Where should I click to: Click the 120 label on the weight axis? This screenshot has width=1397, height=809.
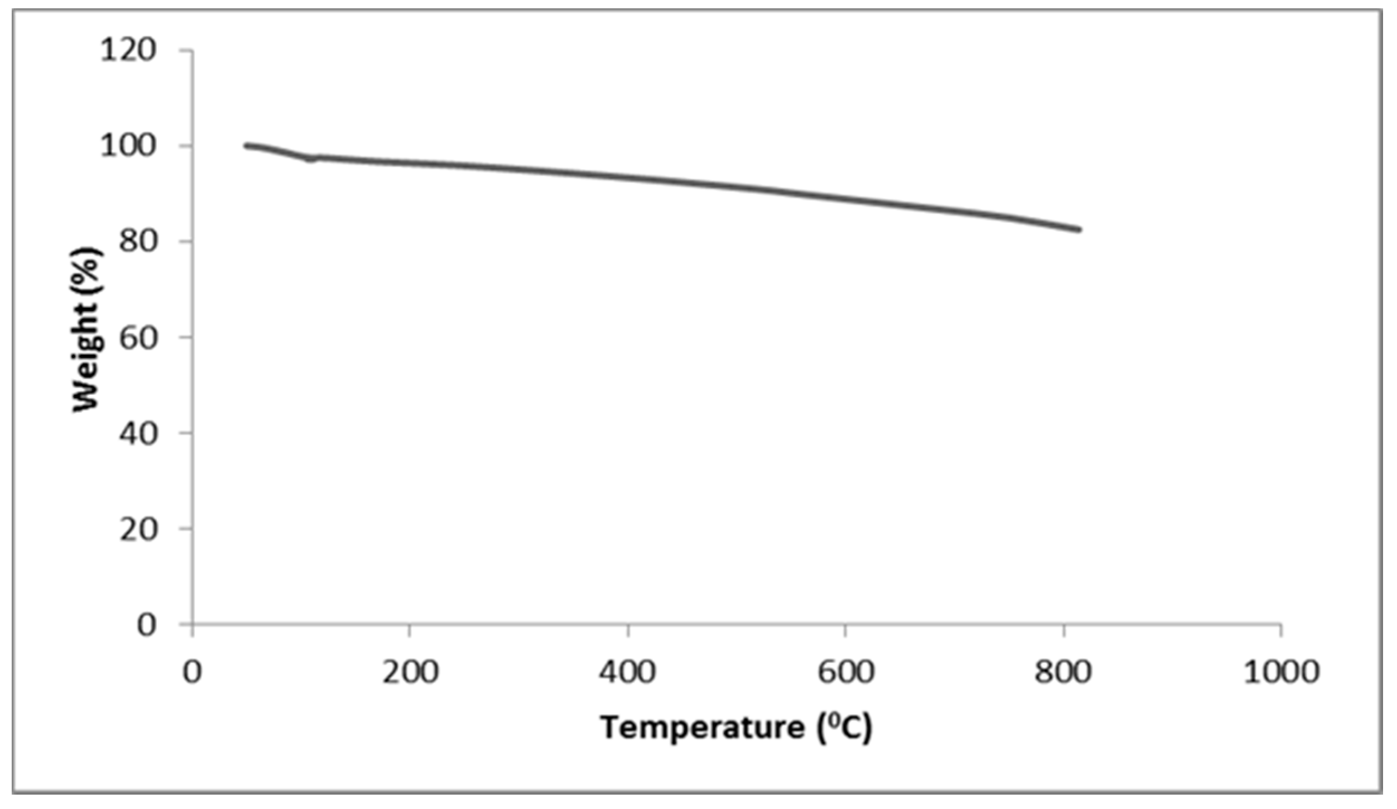(x=127, y=51)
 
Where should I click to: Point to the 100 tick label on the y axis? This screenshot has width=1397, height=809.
(x=127, y=146)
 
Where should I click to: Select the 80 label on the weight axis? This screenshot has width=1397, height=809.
(x=136, y=242)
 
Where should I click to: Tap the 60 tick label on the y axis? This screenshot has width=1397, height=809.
(x=136, y=337)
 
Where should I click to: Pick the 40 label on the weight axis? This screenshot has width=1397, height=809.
(x=136, y=433)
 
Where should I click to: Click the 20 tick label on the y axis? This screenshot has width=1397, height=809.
(x=136, y=528)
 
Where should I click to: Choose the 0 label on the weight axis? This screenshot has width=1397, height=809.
(x=146, y=624)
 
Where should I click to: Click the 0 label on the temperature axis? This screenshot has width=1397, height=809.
(x=192, y=672)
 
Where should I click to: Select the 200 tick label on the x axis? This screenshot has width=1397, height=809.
(x=410, y=672)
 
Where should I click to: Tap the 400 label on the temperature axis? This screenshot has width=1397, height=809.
(x=627, y=672)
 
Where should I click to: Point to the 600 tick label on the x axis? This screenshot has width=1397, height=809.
(x=845, y=672)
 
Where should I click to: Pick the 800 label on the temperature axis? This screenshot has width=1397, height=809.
(x=1063, y=672)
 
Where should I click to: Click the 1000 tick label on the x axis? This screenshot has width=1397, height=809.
(x=1281, y=672)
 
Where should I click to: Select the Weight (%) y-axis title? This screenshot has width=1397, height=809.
(x=87, y=329)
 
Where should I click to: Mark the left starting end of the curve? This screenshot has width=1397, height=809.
(x=246, y=146)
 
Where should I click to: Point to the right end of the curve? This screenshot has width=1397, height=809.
(x=1079, y=229)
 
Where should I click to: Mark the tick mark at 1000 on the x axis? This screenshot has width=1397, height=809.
(x=1281, y=630)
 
